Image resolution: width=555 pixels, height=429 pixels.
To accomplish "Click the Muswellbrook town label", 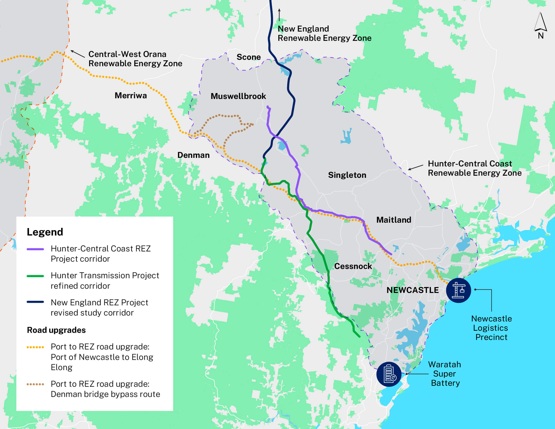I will [x=238, y=96].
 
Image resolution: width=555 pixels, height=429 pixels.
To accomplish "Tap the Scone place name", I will [x=249, y=57].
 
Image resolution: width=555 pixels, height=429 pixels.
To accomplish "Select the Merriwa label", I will [x=131, y=95].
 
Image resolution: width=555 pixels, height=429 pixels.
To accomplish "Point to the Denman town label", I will [x=193, y=155].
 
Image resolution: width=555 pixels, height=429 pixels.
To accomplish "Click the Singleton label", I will [x=347, y=175].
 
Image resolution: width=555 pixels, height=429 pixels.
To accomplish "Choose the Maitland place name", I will [x=394, y=220].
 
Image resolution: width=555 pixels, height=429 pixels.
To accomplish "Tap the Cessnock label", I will [x=353, y=266].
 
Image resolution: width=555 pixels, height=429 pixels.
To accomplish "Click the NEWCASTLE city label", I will [x=412, y=290].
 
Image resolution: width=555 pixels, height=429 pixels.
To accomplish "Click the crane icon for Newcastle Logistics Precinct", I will [x=458, y=290].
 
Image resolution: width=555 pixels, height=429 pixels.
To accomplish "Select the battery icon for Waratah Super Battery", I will [x=389, y=374].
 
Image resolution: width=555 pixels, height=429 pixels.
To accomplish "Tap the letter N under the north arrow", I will [x=541, y=36].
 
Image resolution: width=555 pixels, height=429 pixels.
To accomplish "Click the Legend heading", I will [x=45, y=232].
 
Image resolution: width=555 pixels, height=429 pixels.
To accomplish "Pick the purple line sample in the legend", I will [x=35, y=249].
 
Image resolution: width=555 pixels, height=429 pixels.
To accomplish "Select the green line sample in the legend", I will [x=35, y=276].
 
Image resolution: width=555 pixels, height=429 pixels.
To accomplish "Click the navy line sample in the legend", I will [x=35, y=302].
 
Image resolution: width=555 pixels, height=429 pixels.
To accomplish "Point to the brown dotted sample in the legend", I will [x=35, y=384].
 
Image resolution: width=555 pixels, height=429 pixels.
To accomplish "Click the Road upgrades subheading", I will [x=56, y=330].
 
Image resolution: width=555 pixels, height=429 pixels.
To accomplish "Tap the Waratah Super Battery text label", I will [x=445, y=374].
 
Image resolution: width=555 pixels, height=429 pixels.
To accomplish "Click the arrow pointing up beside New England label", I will [x=279, y=15].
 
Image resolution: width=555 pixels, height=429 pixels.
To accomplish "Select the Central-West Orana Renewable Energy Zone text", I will [x=135, y=59].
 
